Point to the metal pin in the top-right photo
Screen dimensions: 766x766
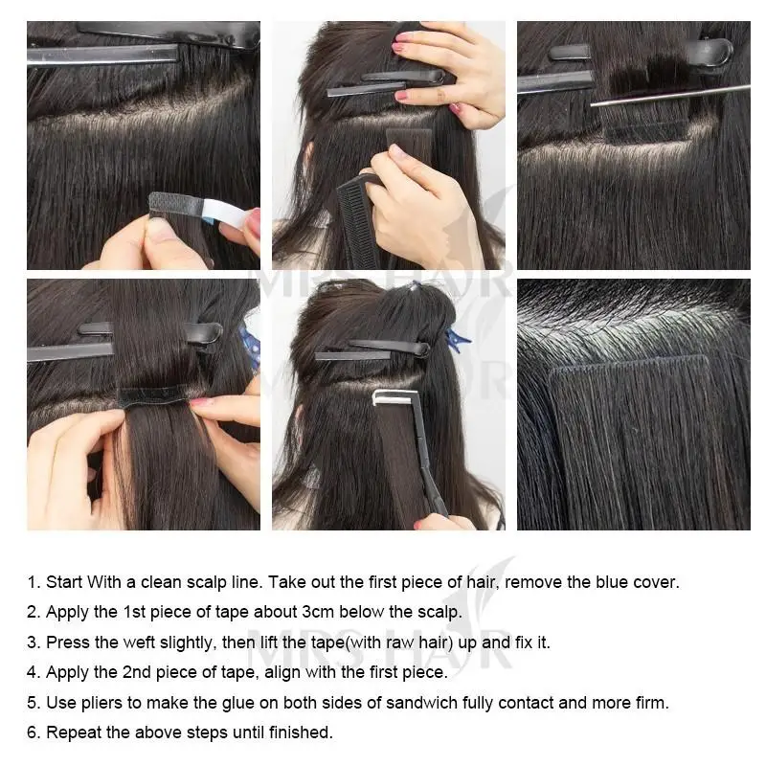670,93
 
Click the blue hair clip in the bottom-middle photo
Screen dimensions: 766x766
458,338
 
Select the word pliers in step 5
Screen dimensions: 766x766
101,703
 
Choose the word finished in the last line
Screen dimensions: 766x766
302,732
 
